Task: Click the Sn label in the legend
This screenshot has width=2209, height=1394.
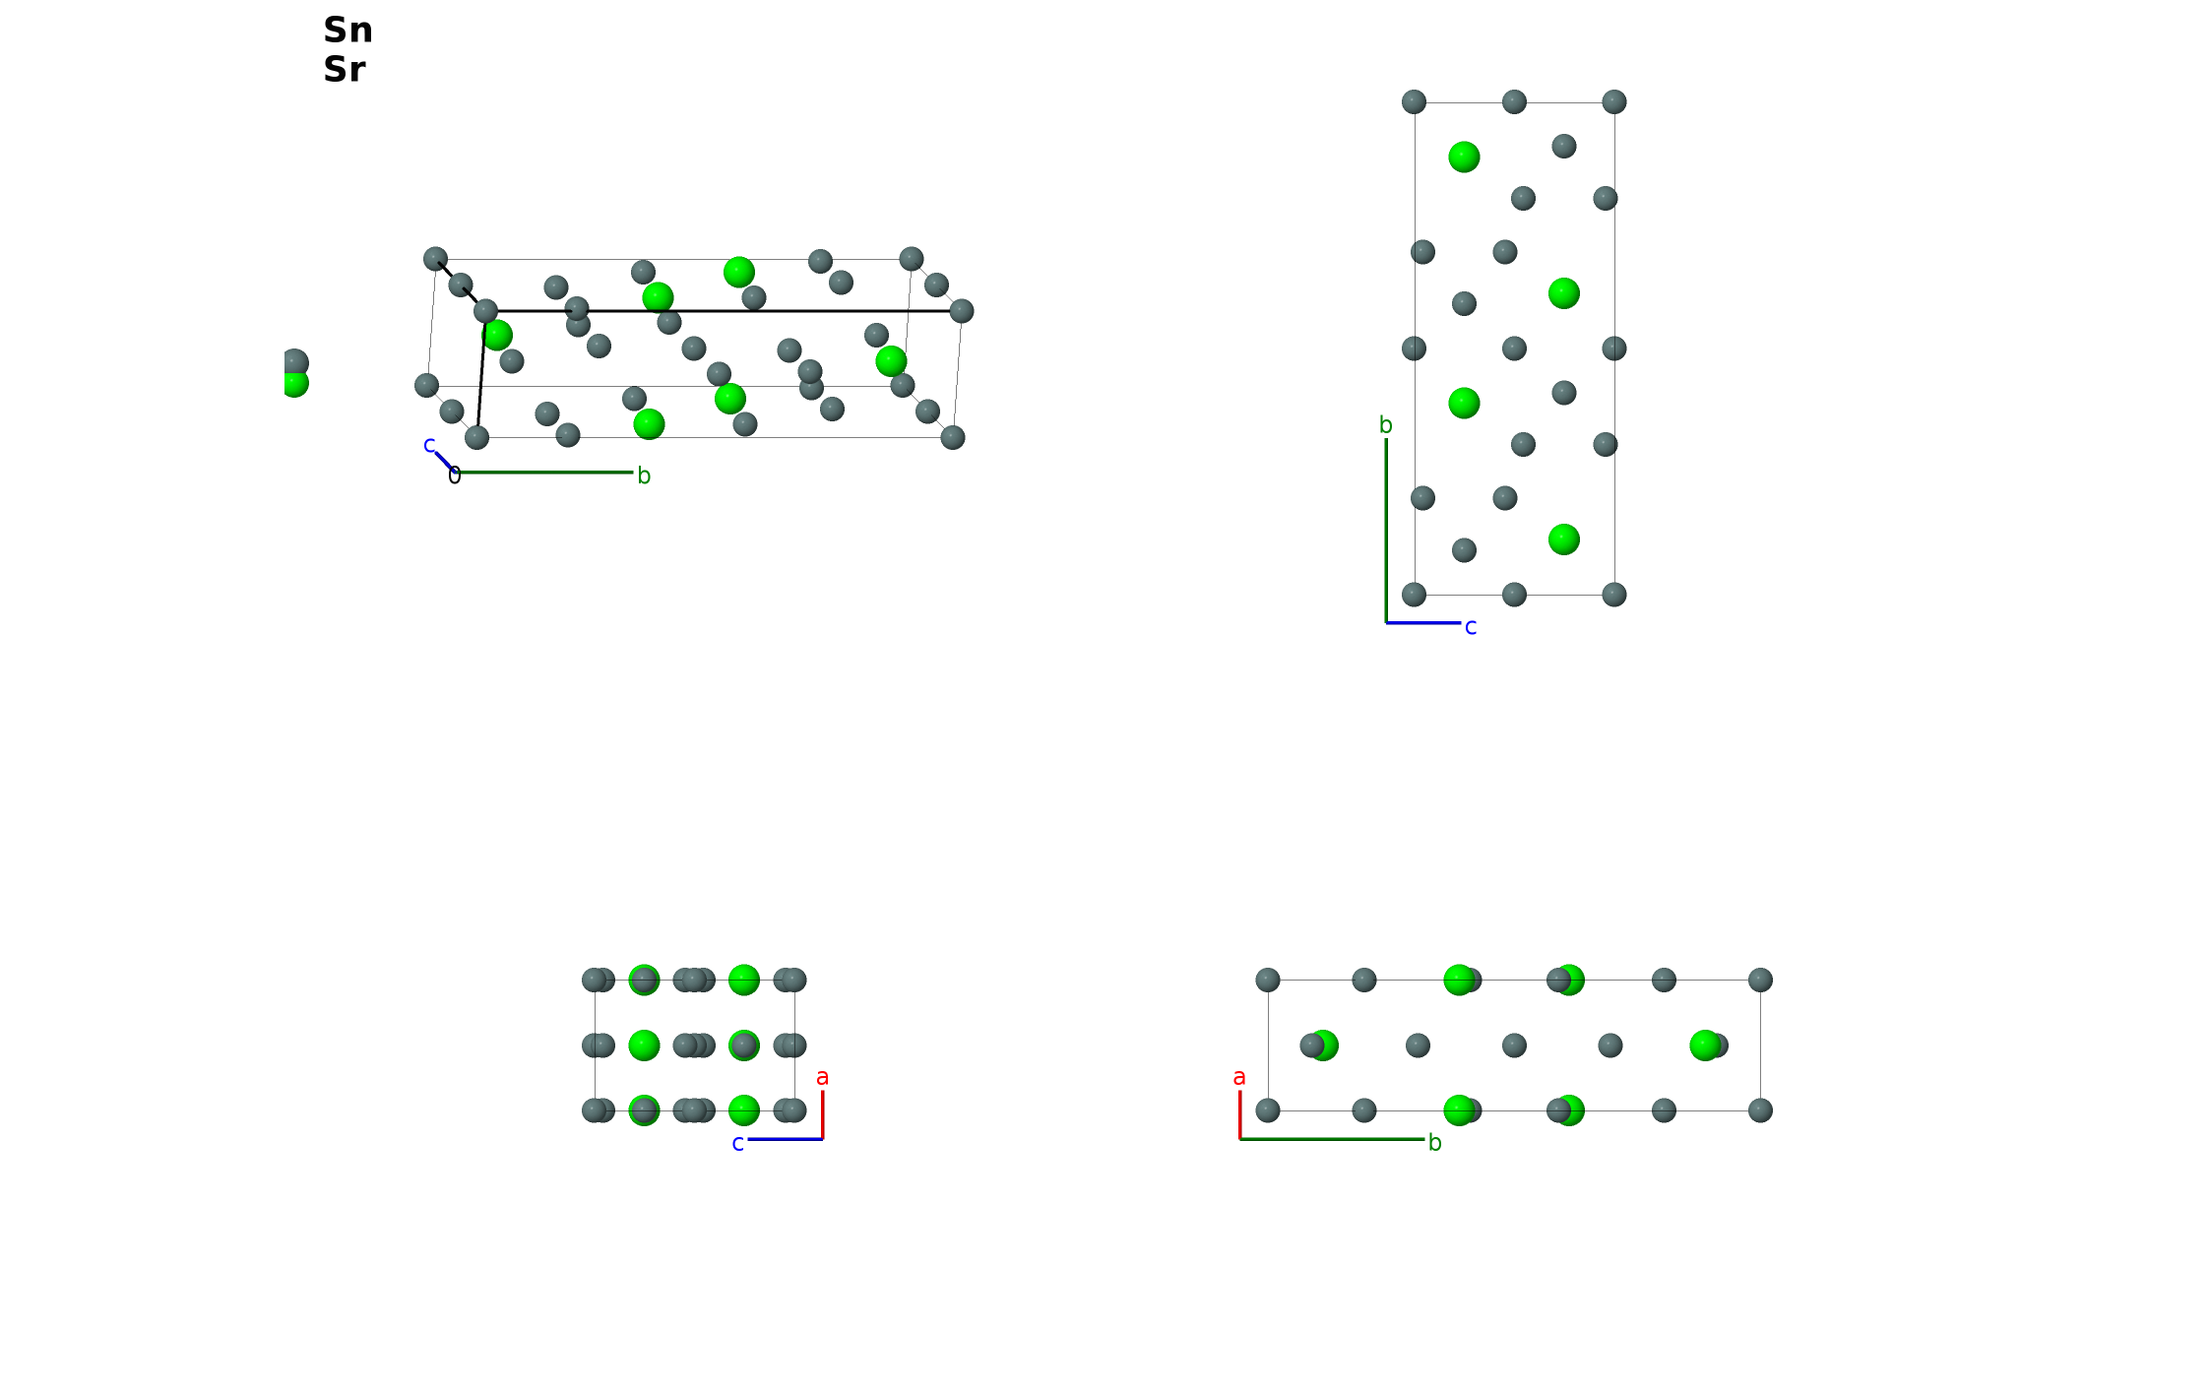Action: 348,31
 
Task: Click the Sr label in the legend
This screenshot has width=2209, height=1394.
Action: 345,70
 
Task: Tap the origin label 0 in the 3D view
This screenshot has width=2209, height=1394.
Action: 454,476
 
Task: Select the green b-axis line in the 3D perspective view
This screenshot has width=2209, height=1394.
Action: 543,473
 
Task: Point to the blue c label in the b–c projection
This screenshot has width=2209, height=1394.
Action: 1471,627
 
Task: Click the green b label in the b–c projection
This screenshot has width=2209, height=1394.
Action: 1385,425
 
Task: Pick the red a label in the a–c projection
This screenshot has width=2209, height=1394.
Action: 823,1078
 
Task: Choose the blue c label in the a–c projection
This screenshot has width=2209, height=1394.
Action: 737,1144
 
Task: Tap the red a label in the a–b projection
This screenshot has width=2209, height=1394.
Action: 1239,1078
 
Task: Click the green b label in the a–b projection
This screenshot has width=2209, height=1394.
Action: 1434,1143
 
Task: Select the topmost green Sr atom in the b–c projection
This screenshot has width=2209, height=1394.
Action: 1464,158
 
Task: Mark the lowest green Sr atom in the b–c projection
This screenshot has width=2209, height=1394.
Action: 1563,539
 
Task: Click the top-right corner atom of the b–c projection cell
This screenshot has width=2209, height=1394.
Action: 1613,102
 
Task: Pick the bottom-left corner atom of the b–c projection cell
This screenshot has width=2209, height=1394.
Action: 1414,595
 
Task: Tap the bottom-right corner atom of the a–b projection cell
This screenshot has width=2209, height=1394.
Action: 1760,1110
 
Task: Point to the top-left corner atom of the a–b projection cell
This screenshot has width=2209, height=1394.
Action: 1268,980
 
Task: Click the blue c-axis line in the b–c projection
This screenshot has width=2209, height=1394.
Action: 1423,623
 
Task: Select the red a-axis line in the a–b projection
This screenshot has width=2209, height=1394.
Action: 1239,1114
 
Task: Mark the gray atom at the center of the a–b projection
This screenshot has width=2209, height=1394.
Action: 1514,1045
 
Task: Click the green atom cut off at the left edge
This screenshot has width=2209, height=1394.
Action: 294,383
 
